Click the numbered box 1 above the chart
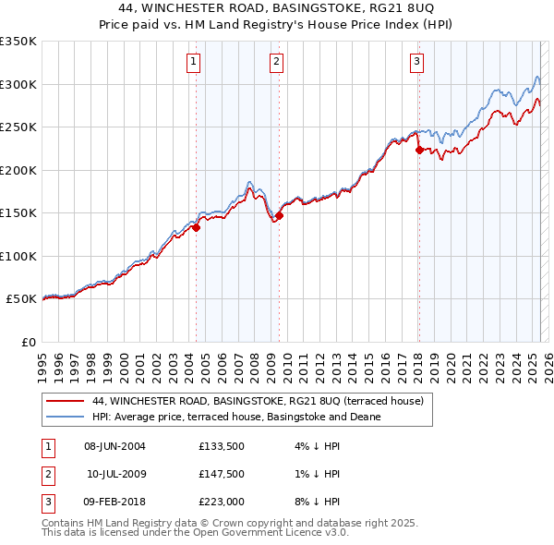pos(194,62)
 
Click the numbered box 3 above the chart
pos(417,62)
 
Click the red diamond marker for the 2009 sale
pos(279,216)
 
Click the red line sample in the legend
pos(66,401)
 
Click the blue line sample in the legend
pos(66,417)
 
